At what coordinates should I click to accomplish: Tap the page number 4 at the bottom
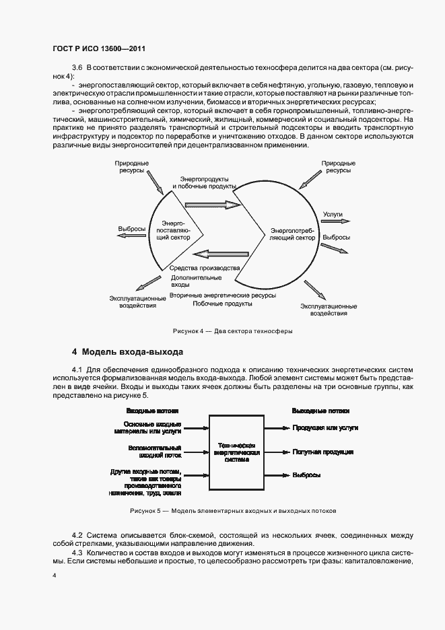point(55,576)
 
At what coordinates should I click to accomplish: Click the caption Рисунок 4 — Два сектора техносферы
point(232,330)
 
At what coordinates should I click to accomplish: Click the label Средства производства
point(205,267)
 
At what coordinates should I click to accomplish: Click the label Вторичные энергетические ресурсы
point(223,295)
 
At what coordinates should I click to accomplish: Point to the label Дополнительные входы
point(195,281)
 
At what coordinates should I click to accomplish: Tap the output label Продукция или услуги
point(325,427)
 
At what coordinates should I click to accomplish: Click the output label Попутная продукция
point(322,452)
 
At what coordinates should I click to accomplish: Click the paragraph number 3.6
point(76,68)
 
